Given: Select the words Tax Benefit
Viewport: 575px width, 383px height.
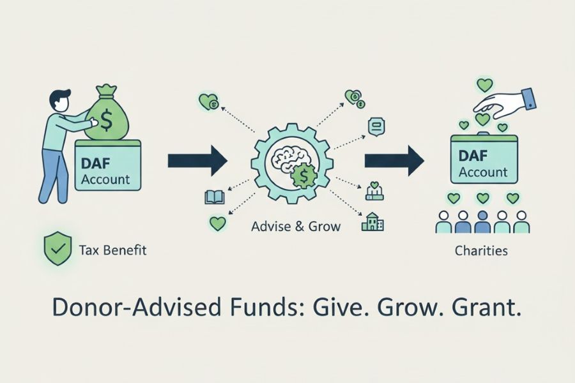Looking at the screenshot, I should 112,250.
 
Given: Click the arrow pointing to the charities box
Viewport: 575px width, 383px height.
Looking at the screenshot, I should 394,160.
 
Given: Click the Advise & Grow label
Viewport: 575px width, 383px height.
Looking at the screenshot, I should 296,226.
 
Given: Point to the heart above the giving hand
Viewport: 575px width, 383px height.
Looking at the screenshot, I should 485,84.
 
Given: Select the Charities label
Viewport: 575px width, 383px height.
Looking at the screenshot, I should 481,251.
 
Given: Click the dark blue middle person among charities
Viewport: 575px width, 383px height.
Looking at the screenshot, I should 483,222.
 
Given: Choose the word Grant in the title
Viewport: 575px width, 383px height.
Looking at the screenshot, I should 489,308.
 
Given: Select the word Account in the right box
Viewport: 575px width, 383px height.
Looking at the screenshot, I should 483,172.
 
